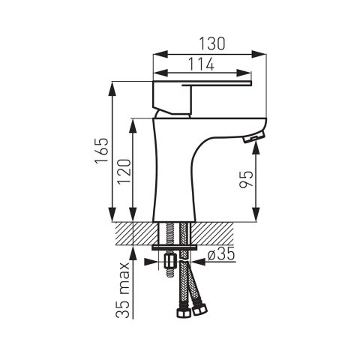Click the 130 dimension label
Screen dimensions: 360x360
tap(212, 43)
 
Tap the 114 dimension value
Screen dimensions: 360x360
tap(201, 64)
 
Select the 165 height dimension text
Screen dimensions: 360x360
tap(102, 150)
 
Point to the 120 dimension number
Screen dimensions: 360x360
tap(124, 172)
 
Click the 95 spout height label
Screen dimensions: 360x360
tap(246, 179)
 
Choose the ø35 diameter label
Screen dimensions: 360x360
tap(221, 254)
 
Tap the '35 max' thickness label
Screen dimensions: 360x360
tap(123, 290)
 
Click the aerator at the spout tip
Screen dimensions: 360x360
tap(253, 138)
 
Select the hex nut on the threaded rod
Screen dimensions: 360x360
tap(170, 262)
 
